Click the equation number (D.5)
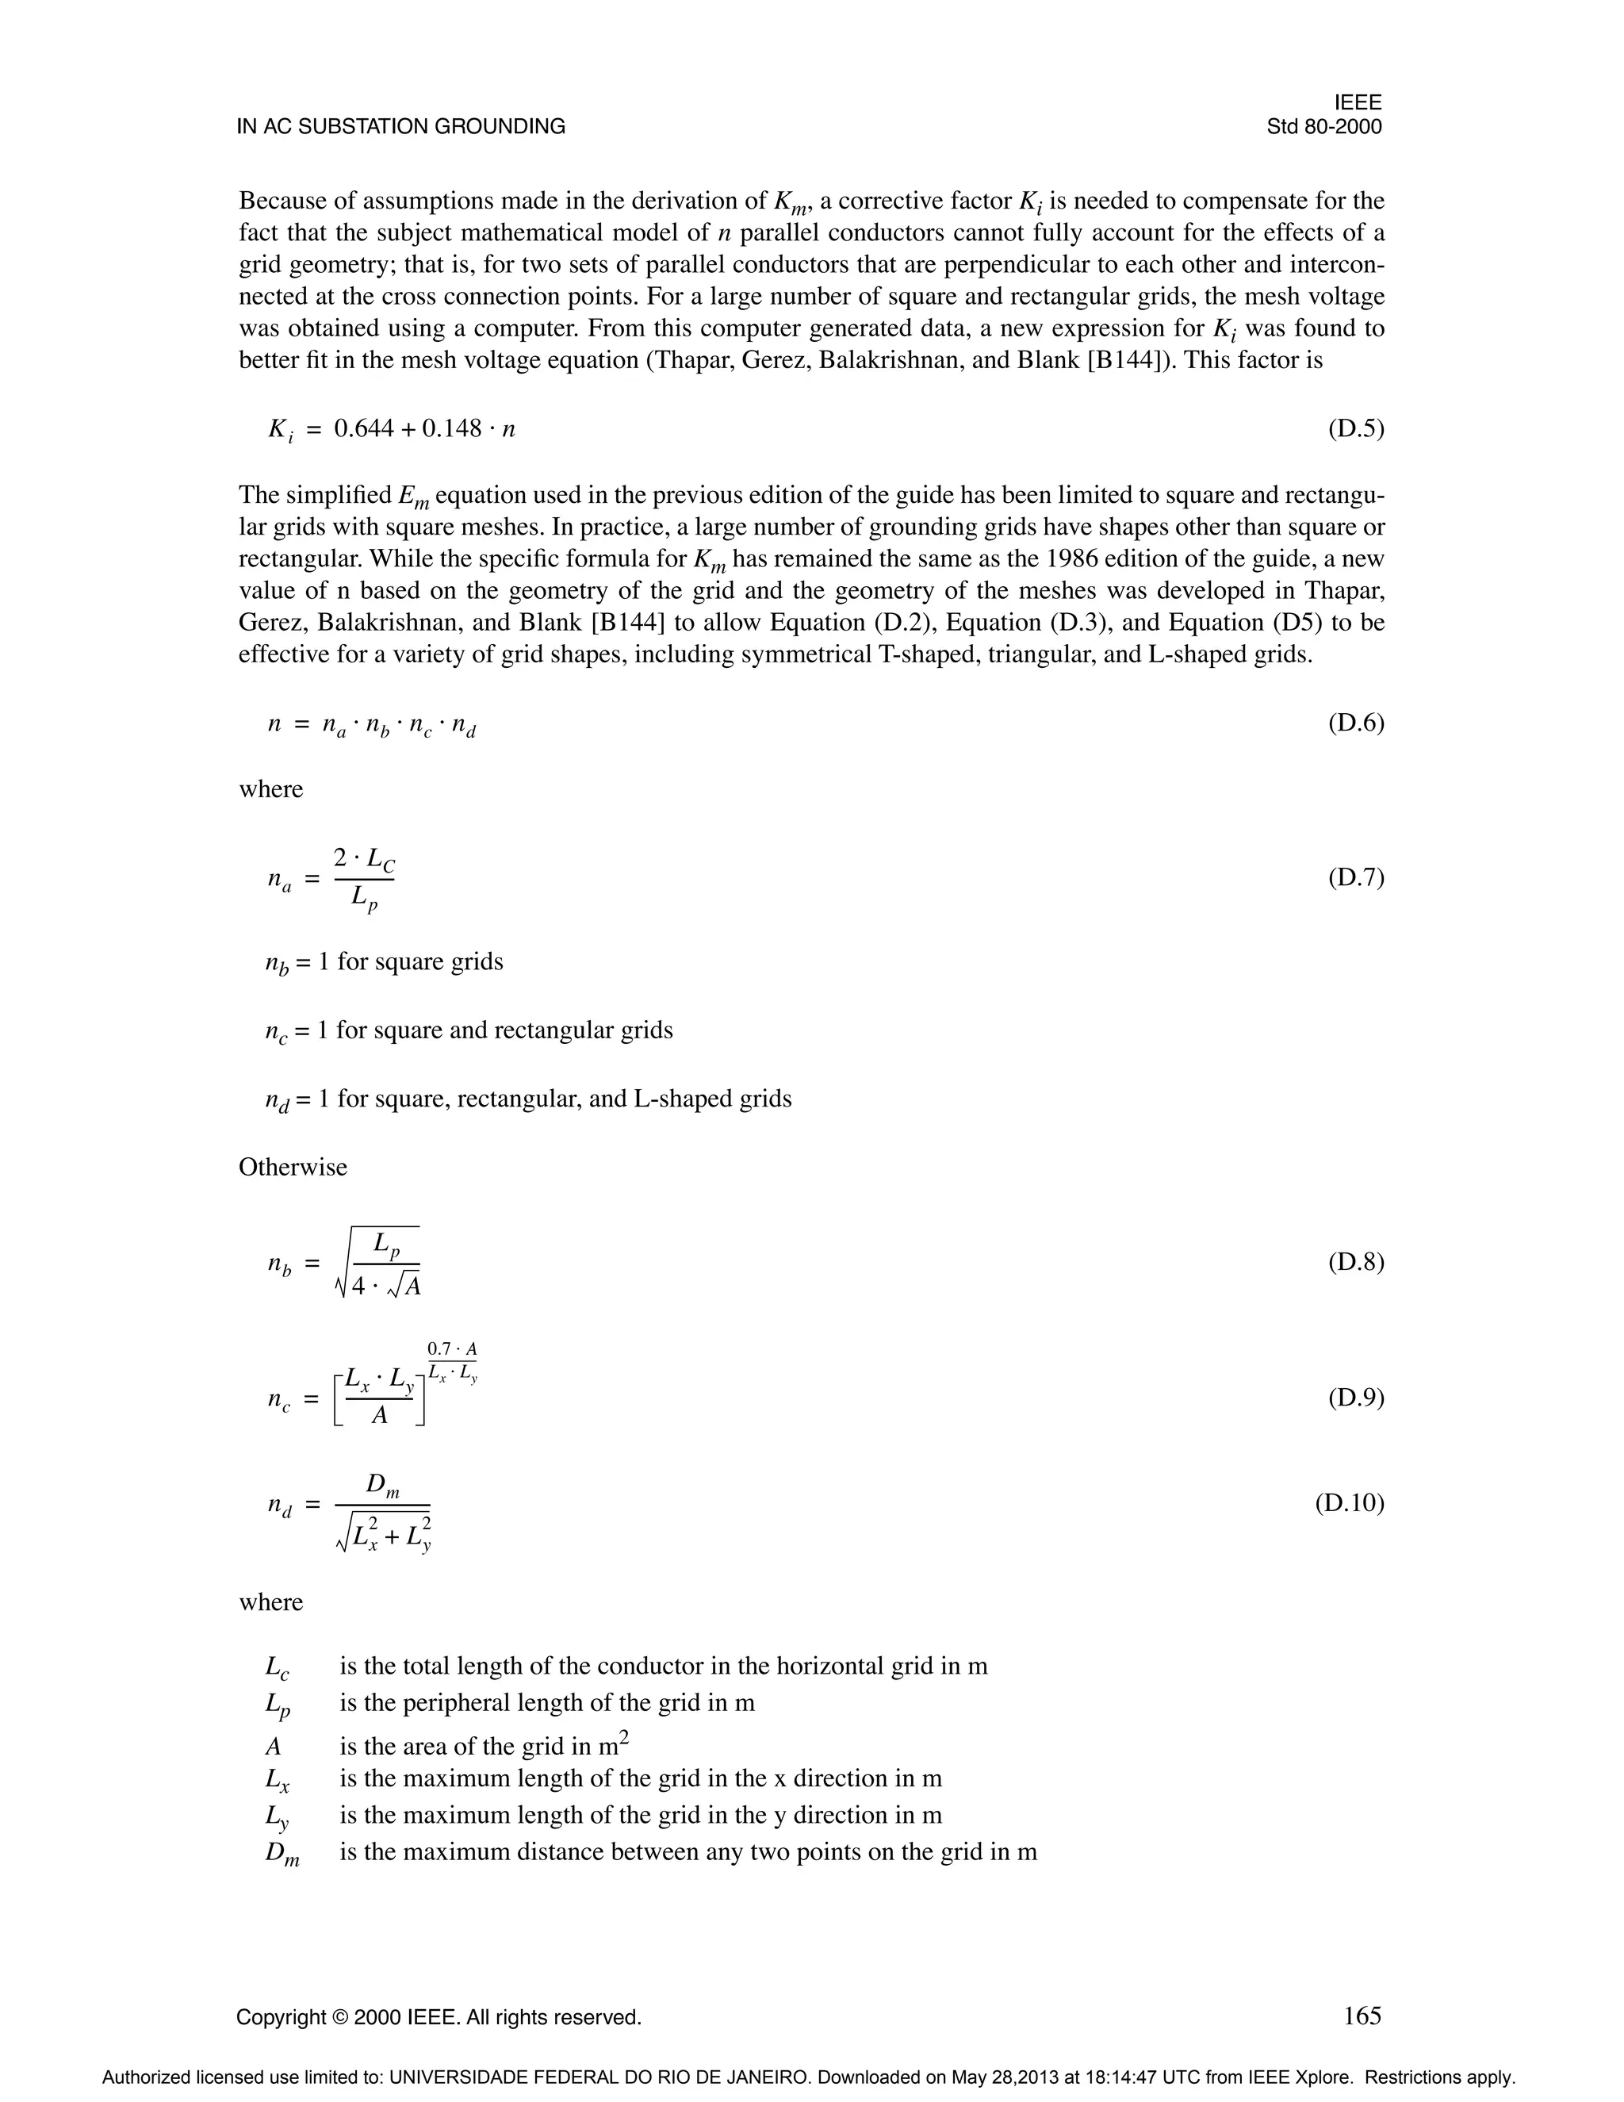coord(1355,428)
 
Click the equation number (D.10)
coord(1349,1502)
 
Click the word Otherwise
coord(293,1167)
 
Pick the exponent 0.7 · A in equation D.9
coord(452,1349)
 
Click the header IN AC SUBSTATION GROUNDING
coord(400,127)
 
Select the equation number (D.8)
coord(1355,1261)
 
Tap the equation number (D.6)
coord(1355,722)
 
